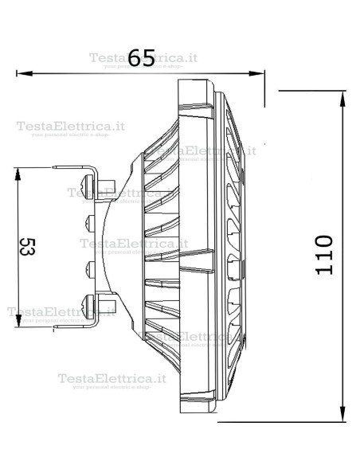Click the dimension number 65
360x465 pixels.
(x=141, y=57)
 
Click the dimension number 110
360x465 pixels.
(x=323, y=256)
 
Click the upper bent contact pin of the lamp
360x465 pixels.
(x=76, y=169)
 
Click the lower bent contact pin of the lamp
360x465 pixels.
(x=76, y=325)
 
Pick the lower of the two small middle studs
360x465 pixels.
(x=89, y=268)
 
